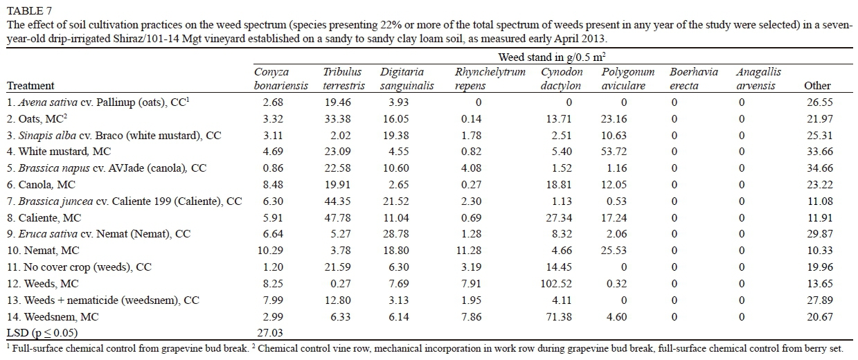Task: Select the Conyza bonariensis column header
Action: point(271,79)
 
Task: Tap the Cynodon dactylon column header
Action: point(561,79)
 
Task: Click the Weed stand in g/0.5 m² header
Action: point(552,57)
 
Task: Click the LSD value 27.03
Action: point(271,333)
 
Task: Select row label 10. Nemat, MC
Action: point(42,251)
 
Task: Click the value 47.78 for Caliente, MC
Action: point(337,217)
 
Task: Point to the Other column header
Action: point(817,86)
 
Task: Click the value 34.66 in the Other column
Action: point(817,168)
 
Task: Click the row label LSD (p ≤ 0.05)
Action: point(40,333)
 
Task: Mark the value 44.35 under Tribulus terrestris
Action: point(337,201)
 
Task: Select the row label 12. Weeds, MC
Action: point(42,284)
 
